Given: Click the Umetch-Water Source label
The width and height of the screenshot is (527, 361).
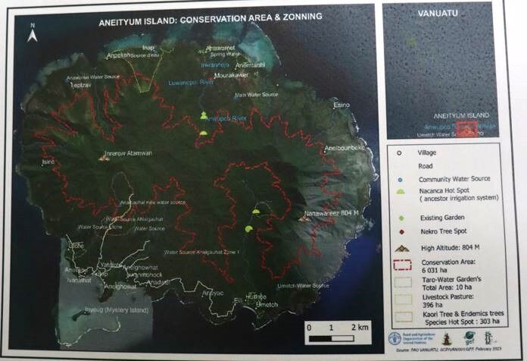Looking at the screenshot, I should click(x=295, y=285).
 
